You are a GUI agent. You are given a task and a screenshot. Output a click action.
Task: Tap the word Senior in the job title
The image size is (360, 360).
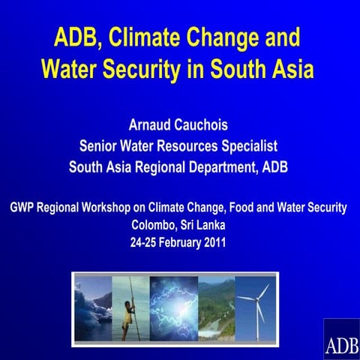[x=100, y=145]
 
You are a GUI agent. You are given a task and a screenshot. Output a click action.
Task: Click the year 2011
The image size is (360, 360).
[x=214, y=242]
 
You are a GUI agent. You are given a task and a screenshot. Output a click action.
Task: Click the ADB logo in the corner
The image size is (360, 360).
[x=341, y=341]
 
